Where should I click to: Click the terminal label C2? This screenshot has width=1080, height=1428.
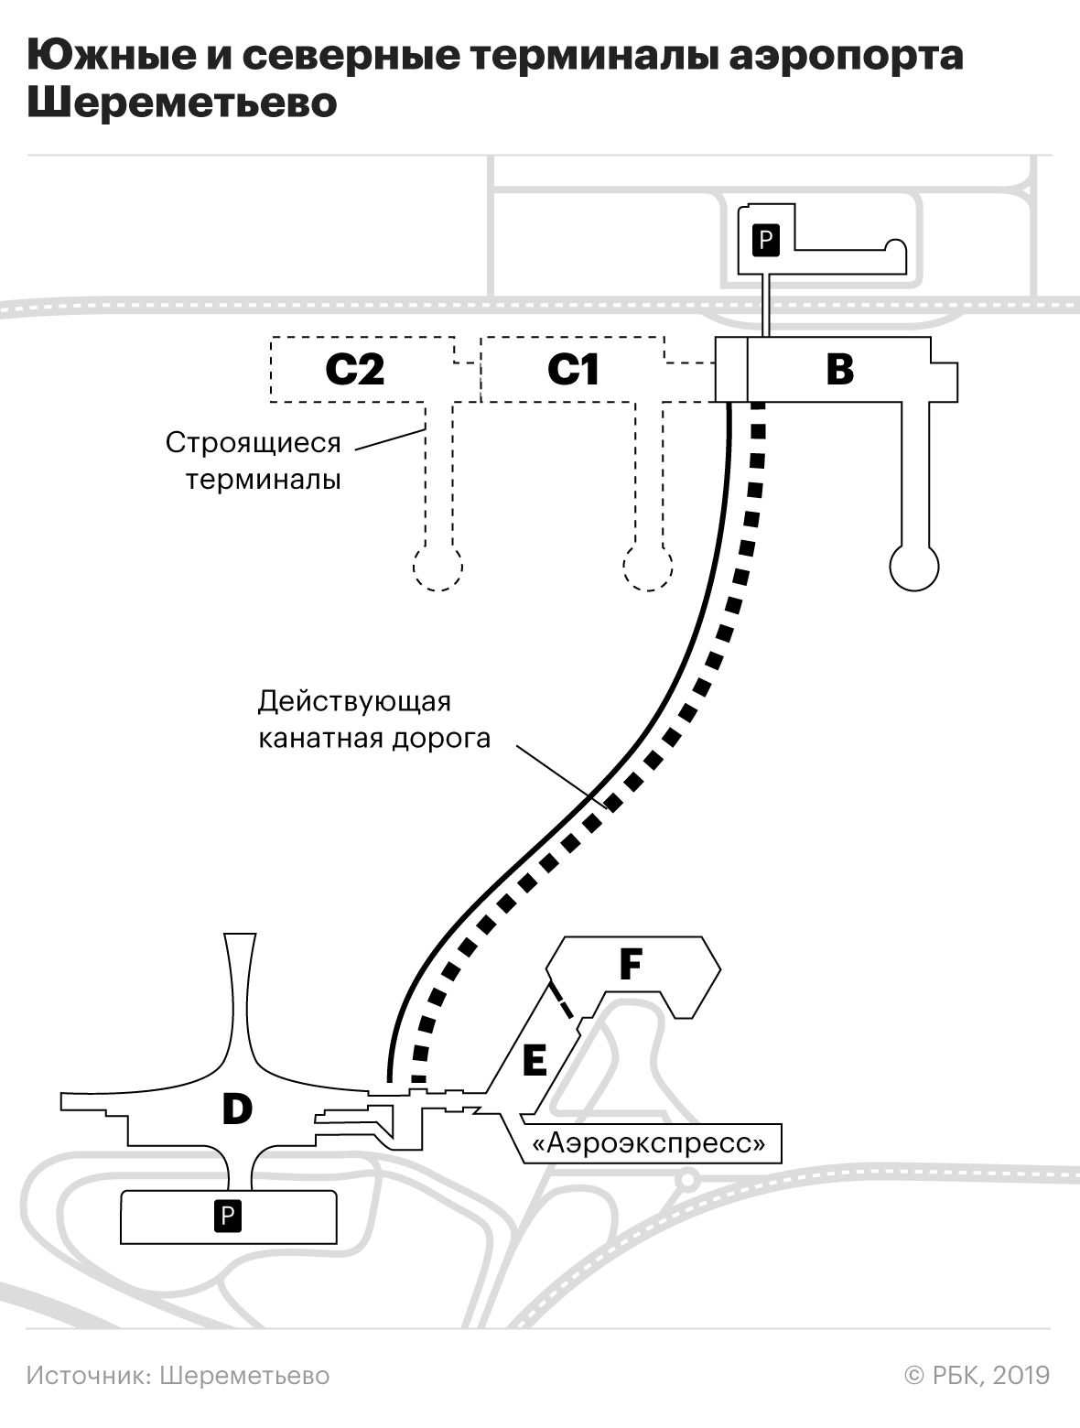[354, 370]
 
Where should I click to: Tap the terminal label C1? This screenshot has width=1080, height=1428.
[573, 370]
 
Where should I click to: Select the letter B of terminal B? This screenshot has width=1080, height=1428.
[839, 369]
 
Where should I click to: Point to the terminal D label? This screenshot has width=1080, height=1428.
[237, 1109]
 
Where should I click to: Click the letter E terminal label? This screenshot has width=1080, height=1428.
[535, 1060]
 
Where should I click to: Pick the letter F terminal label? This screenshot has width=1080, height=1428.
[631, 964]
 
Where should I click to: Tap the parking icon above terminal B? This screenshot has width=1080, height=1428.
[766, 241]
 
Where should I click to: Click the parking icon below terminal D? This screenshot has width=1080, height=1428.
[228, 1216]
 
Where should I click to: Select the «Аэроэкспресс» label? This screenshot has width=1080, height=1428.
[649, 1142]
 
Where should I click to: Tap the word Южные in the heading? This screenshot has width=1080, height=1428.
[111, 55]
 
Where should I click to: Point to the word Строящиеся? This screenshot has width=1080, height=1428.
[253, 443]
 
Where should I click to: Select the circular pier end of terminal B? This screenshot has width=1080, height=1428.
[914, 567]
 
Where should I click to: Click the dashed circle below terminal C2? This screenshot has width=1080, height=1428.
[437, 567]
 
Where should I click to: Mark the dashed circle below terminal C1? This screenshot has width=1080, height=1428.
[648, 567]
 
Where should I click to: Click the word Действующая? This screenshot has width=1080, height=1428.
[354, 703]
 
